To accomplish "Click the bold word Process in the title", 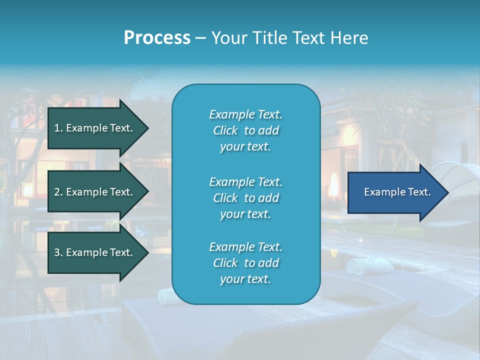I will click(x=157, y=38).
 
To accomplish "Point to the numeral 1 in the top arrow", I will click(x=57, y=128).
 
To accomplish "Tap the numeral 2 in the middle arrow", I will click(x=57, y=192).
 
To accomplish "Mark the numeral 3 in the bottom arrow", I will click(x=57, y=252).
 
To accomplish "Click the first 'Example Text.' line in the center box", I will click(x=245, y=114).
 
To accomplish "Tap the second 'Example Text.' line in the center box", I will click(x=245, y=182).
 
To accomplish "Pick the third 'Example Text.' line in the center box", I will click(x=245, y=247).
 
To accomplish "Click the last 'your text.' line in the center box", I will click(x=245, y=279).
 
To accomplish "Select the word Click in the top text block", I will click(x=225, y=130).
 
